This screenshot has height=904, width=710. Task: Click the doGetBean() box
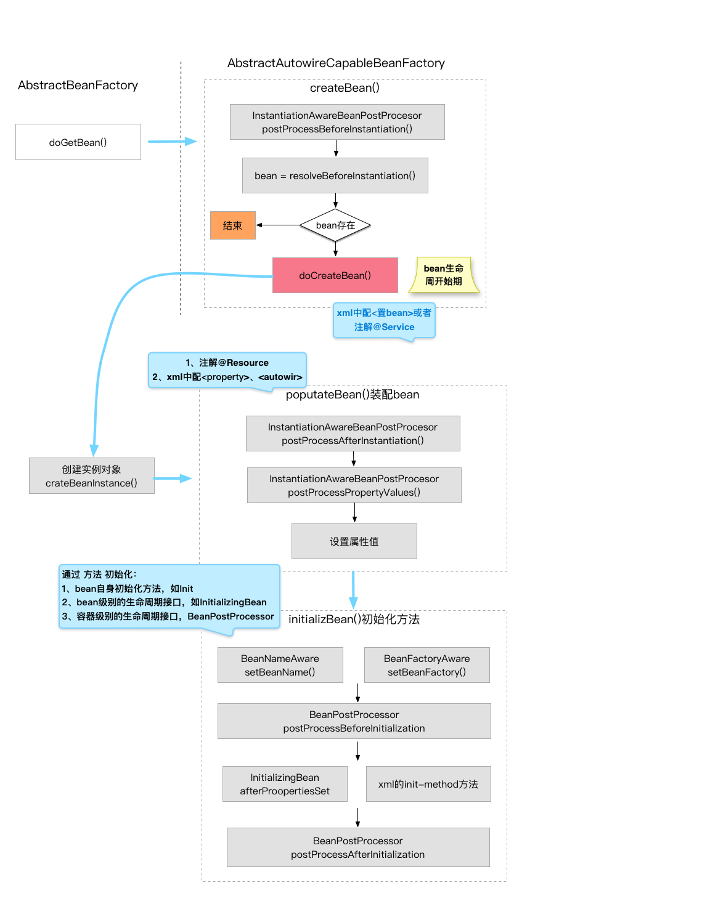(x=78, y=142)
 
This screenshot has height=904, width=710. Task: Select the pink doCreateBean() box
(x=335, y=275)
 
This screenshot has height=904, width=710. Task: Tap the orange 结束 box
(x=232, y=225)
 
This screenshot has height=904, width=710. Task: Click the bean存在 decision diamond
(x=335, y=225)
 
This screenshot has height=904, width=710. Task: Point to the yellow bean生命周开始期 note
(x=444, y=275)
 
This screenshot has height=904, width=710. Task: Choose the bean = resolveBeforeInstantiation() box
(x=335, y=176)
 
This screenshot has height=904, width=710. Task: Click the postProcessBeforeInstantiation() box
(x=337, y=122)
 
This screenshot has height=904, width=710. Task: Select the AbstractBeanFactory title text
(x=78, y=85)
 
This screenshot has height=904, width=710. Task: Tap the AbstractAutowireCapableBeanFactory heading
(x=336, y=63)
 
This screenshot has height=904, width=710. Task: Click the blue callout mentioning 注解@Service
(x=384, y=320)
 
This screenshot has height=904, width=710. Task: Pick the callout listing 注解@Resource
(x=227, y=370)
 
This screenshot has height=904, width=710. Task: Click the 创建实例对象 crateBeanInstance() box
(x=92, y=476)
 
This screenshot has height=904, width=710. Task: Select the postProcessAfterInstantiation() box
(x=353, y=434)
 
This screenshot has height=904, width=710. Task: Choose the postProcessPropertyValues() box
(x=354, y=485)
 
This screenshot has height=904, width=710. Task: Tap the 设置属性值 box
(x=354, y=541)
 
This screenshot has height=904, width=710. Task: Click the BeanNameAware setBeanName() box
(x=280, y=665)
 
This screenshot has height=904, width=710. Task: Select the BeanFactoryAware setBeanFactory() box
(x=427, y=665)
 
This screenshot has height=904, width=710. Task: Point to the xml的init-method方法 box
(x=428, y=784)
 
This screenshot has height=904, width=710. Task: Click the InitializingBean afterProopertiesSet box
(x=285, y=784)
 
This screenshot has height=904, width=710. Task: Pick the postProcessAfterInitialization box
(x=358, y=847)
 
